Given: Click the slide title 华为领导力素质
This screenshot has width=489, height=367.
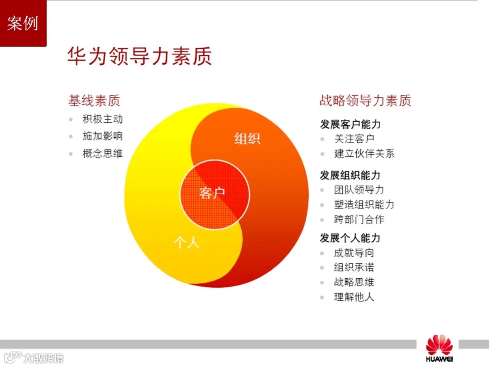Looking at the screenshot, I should coord(139,56).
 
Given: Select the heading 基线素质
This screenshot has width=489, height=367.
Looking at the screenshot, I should coord(94,100).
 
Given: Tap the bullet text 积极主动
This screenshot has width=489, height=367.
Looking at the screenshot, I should coord(103,120).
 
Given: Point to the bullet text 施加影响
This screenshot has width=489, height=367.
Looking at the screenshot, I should coord(103,136).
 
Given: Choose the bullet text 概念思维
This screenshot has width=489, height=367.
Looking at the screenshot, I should coord(103,153).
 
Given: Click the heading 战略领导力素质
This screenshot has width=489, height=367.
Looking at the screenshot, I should coord(365,100).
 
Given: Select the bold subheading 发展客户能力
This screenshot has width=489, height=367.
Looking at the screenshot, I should coord(350,124).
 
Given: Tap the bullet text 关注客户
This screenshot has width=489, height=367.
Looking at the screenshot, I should coord(355,139).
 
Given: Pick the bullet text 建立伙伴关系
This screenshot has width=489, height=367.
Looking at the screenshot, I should coord(364,154).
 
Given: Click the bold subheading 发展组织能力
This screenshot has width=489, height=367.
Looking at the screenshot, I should coord(350,175).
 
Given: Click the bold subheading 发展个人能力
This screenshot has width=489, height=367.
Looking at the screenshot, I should coord(350,238).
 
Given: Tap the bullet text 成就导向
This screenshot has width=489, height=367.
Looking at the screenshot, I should coord(355,253).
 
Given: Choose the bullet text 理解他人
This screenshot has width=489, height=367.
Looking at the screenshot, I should coord(355,297).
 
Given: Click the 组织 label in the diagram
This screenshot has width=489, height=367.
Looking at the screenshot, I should coord(247,138).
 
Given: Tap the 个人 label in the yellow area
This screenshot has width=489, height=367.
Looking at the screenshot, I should coord(187,242).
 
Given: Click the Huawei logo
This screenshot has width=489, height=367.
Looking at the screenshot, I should coord(439,349).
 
